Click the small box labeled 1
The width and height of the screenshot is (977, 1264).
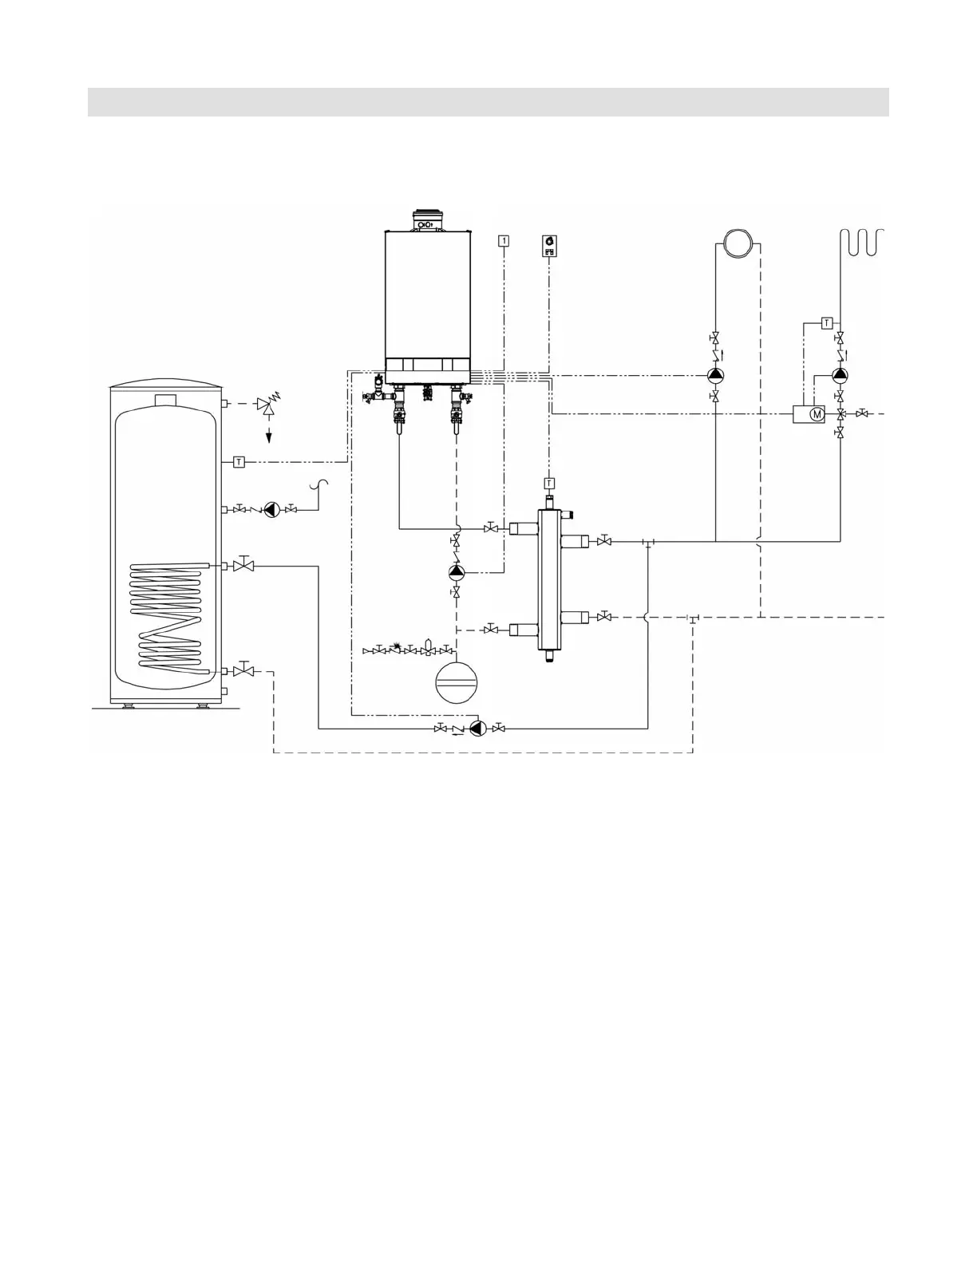[x=504, y=239]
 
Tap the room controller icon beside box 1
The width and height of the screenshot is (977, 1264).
[x=549, y=244]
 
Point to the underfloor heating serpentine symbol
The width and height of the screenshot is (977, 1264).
[x=863, y=242]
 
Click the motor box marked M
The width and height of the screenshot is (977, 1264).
[x=809, y=414]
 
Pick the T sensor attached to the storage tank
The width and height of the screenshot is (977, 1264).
[x=239, y=461]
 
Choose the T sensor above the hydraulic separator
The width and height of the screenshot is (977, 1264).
[x=549, y=483]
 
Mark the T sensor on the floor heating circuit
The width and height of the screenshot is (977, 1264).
[x=827, y=323]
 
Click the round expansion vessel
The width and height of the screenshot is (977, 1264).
[x=455, y=683]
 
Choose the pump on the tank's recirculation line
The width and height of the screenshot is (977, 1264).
[x=271, y=509]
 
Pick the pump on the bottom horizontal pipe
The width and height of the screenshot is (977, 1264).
[x=477, y=728]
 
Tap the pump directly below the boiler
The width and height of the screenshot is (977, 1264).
[x=456, y=571]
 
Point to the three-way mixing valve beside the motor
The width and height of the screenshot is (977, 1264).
[x=841, y=414]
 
